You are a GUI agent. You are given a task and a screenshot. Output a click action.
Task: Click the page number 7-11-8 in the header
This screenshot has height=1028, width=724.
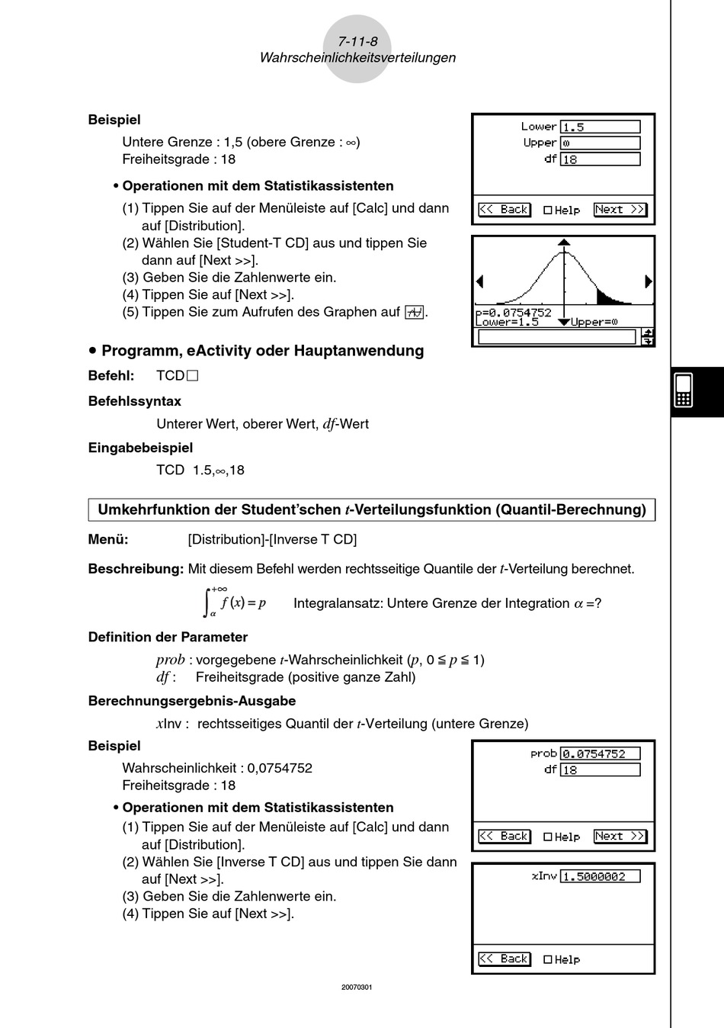[x=357, y=41]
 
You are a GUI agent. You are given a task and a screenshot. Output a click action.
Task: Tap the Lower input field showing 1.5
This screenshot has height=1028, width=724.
[x=600, y=127]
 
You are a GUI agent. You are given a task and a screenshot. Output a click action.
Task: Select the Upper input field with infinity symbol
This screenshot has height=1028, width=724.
[x=600, y=143]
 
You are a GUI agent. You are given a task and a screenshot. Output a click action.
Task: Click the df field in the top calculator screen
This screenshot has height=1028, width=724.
[x=600, y=159]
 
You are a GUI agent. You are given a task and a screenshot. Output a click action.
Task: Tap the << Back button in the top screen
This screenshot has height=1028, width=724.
[x=504, y=210]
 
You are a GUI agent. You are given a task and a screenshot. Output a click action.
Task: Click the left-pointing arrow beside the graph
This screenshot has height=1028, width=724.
[x=479, y=281]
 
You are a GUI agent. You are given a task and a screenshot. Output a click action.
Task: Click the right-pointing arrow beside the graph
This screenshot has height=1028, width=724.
[x=648, y=281]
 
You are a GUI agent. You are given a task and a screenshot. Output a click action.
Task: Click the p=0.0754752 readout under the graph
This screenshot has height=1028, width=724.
[x=513, y=312]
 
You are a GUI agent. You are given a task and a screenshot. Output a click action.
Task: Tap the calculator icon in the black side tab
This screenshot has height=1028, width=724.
[x=683, y=390]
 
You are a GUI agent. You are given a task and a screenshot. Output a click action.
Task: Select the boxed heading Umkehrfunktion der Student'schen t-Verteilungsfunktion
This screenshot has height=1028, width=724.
[x=372, y=509]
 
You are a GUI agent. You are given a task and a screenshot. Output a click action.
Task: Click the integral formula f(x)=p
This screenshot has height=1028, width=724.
[x=235, y=602]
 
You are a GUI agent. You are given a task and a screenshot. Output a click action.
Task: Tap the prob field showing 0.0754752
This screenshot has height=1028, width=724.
[x=600, y=754]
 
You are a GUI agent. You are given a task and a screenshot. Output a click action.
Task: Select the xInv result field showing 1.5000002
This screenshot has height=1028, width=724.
[x=600, y=877]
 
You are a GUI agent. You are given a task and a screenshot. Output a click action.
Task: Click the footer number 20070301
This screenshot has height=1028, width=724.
[x=357, y=988]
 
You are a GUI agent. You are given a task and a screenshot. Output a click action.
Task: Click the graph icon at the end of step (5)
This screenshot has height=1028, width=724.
[x=414, y=312]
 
